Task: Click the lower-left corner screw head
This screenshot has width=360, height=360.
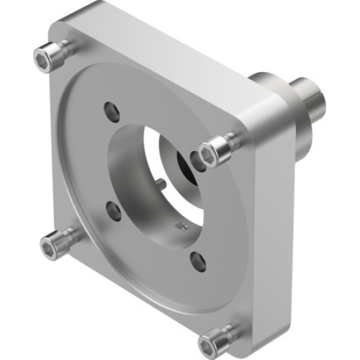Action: pos(51,246)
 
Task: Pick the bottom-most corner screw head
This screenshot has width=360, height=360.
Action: pos(215,339)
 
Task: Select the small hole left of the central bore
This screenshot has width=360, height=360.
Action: pos(113,210)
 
